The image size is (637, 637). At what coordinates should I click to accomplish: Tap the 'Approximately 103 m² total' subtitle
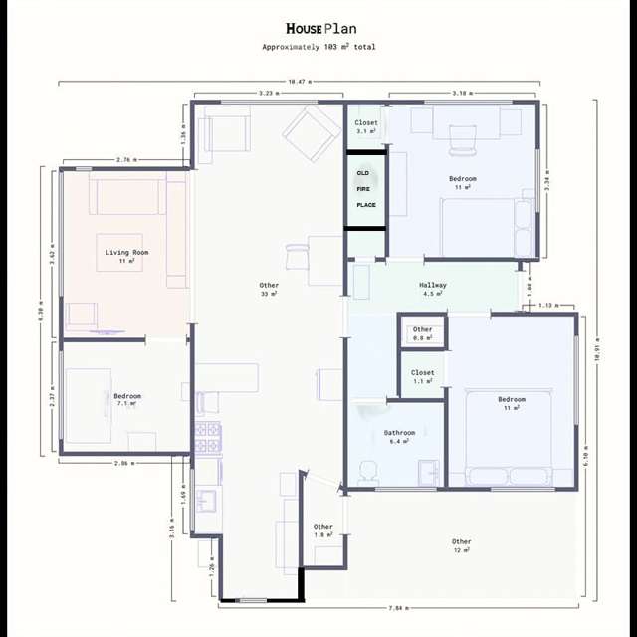318,47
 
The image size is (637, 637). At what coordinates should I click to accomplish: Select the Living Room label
126,257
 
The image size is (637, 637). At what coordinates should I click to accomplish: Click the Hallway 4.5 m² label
433,289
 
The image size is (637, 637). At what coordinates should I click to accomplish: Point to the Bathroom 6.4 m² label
399,437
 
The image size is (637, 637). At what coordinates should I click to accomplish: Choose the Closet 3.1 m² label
366,126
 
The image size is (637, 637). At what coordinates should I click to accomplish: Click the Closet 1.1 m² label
423,377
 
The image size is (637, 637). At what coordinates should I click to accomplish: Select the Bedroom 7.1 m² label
127,400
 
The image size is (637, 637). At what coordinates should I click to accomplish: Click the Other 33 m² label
269,290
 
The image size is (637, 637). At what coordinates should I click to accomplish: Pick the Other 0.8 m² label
423,333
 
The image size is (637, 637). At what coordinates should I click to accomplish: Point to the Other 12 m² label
461,545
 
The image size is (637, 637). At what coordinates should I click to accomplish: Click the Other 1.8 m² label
323,531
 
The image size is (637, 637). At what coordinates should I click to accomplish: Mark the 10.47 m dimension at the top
299,81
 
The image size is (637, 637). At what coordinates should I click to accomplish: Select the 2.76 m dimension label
126,159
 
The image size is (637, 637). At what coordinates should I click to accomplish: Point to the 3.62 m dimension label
51,254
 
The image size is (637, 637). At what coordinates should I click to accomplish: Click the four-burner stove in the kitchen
207,434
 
